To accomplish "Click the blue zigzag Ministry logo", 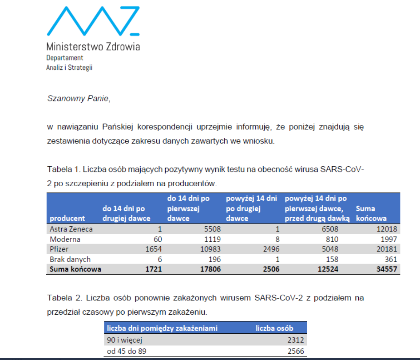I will click(x=93, y=21).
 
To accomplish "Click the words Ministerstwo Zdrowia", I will click(x=93, y=47).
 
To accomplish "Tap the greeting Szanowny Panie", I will click(x=78, y=99).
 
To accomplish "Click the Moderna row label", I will click(x=65, y=240).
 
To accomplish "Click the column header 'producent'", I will click(x=67, y=218).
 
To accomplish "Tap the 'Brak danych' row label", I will click(x=70, y=259).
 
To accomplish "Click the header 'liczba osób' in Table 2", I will click(x=274, y=328).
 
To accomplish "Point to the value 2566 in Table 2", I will click(x=296, y=351).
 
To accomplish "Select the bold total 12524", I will click(x=328, y=269).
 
